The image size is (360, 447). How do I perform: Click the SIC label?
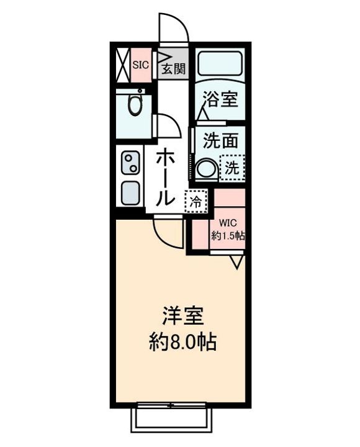(x=140, y=63)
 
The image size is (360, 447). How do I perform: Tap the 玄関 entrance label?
(x=174, y=68)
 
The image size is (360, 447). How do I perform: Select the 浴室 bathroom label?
(x=221, y=99)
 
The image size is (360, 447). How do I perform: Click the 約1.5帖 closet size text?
(x=228, y=237)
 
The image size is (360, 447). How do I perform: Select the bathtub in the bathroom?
(x=220, y=64)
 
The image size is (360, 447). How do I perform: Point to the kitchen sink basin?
(x=130, y=194)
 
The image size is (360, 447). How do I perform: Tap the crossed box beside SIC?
(x=122, y=63)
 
